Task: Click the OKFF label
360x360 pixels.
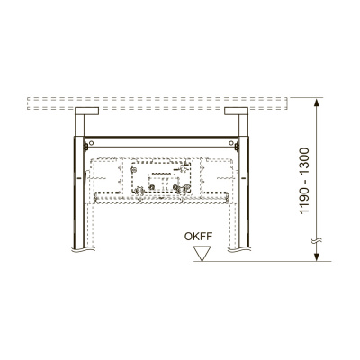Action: point(198,237)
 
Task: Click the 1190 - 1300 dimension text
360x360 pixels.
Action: point(304,181)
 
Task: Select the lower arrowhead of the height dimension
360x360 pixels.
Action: point(316,257)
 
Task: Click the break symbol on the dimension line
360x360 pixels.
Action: point(316,241)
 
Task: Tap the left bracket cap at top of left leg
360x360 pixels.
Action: point(86,111)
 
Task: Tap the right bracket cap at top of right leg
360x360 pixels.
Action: point(236,111)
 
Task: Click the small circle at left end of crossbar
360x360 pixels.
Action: point(92,143)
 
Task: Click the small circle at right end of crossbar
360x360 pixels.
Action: point(231,143)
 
